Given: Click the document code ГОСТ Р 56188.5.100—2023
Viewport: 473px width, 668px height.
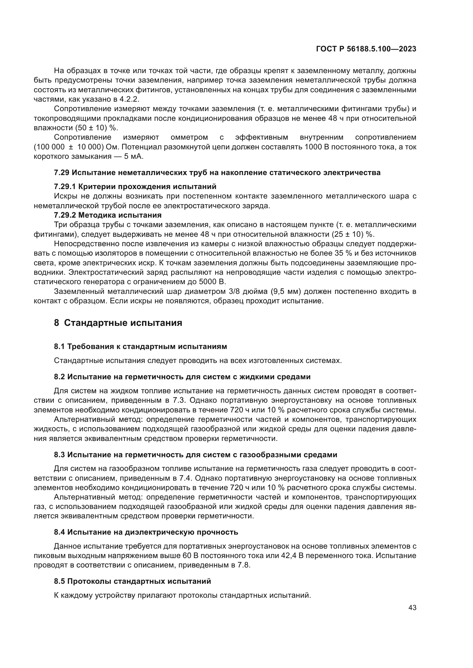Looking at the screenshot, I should (x=366, y=49).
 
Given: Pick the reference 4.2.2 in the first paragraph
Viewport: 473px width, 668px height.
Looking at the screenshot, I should (x=129, y=99).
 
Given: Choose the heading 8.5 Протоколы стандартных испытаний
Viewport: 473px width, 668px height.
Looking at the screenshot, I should (x=132, y=581).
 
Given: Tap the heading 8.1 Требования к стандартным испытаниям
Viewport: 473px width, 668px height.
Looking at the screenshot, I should (x=140, y=346).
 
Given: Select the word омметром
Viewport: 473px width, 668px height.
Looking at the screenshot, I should (x=189, y=137).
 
